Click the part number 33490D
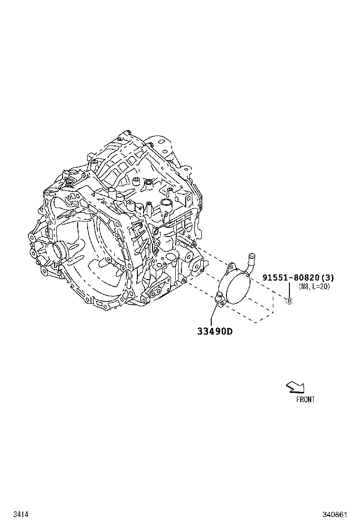coord(215,331)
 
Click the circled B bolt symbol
coord(289,301)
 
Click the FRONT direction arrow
coord(295,388)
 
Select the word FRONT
coord(305,400)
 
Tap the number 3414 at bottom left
coord(20,514)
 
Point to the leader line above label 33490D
coord(212,315)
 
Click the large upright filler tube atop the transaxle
coord(166,204)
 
